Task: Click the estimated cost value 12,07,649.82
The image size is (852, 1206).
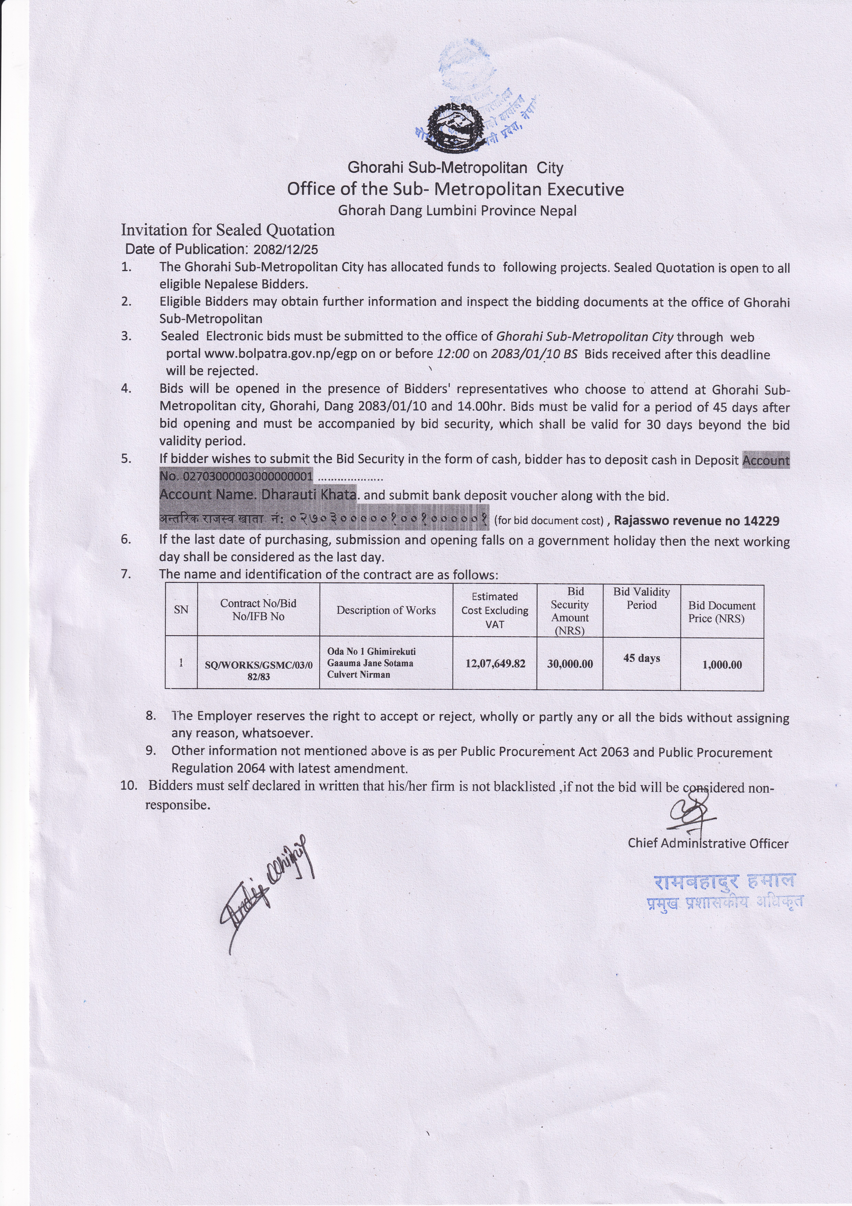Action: (x=495, y=663)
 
